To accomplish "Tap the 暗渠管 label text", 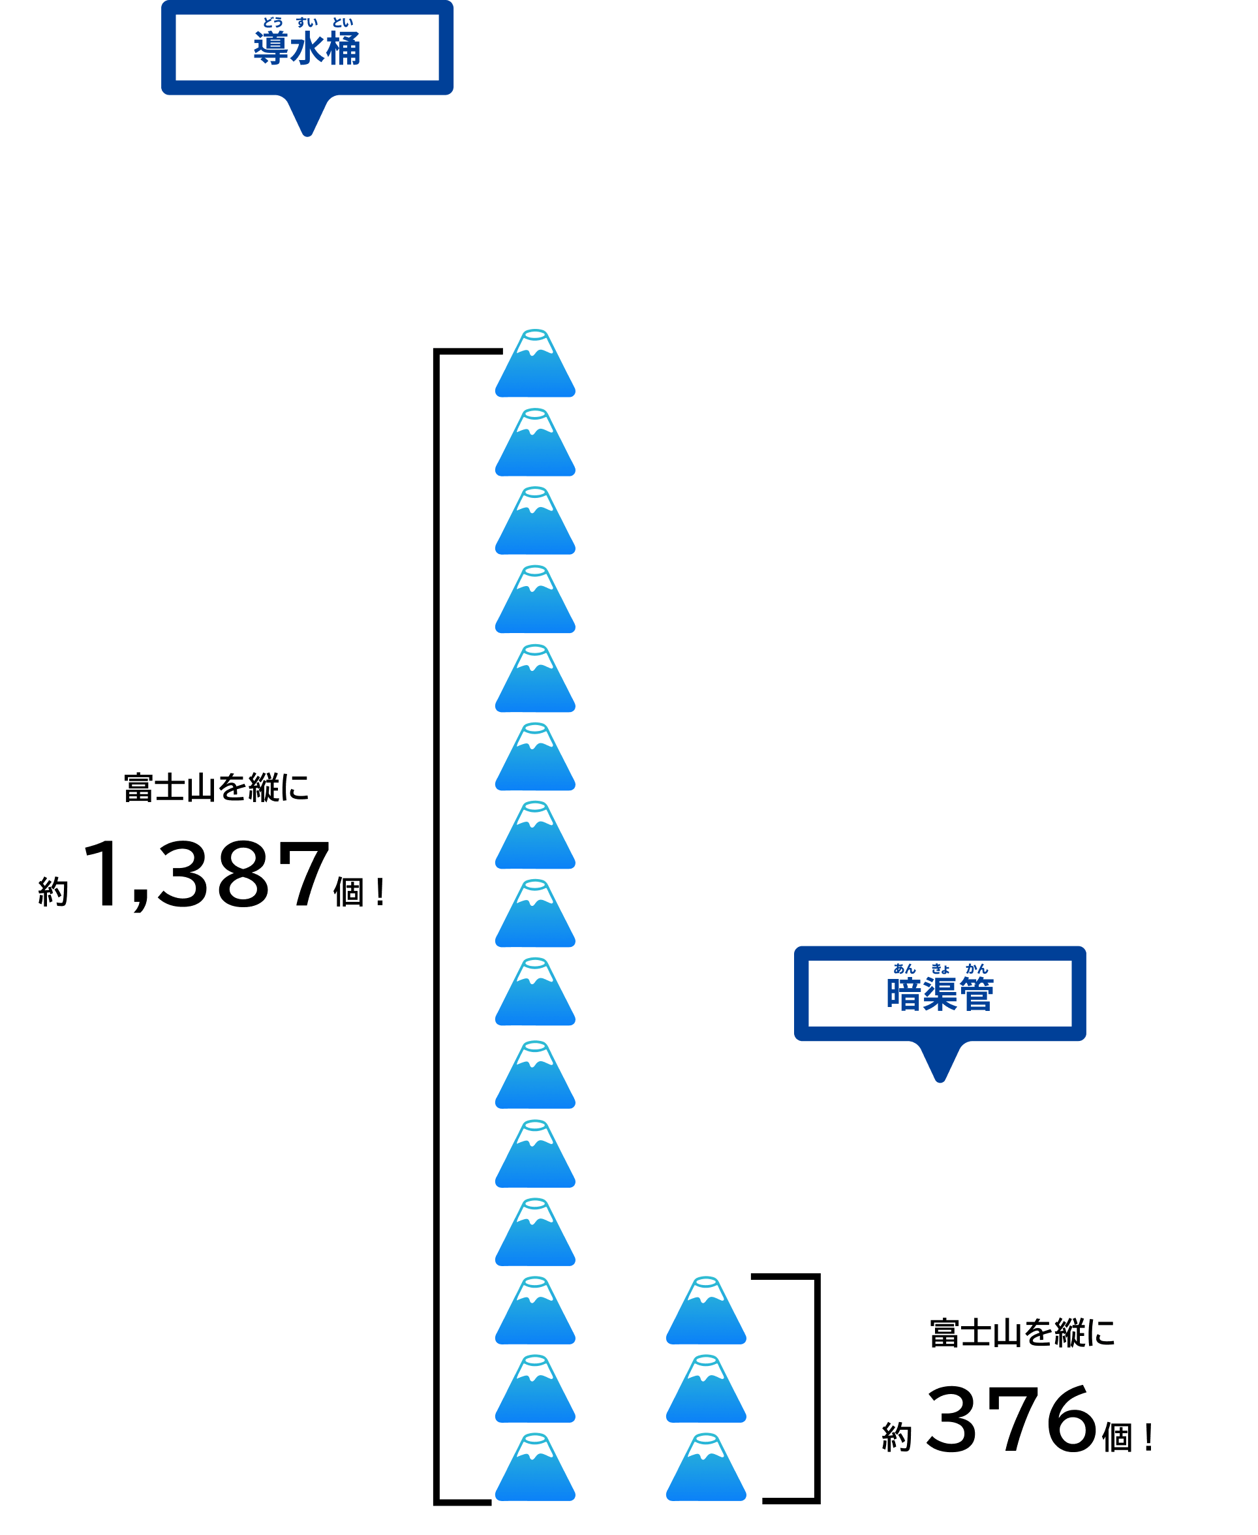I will pyautogui.click(x=939, y=995).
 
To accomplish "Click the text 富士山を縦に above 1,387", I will pyautogui.click(x=216, y=788).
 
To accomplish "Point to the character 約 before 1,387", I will pyautogui.click(x=53, y=892).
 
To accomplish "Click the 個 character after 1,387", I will pyautogui.click(x=348, y=892).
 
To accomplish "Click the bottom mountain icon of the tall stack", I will pyautogui.click(x=535, y=1467).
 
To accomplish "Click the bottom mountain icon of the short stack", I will pyautogui.click(x=706, y=1467).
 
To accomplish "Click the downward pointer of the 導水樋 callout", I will pyautogui.click(x=307, y=116).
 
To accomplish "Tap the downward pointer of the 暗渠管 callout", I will pyautogui.click(x=940, y=1062).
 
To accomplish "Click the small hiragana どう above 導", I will pyautogui.click(x=273, y=22).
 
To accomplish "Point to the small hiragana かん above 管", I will pyautogui.click(x=976, y=969).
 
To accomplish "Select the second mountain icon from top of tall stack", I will pyautogui.click(x=535, y=443).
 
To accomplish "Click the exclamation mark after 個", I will pyautogui.click(x=380, y=892).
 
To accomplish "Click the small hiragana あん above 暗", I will pyautogui.click(x=904, y=969).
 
